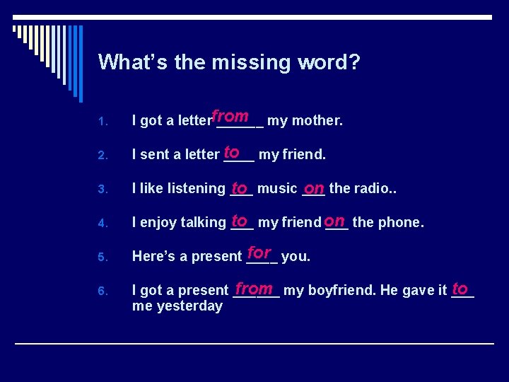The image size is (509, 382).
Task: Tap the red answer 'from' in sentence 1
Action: [230, 115]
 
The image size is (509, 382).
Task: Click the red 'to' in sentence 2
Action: [231, 151]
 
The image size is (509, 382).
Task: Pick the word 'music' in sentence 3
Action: [276, 188]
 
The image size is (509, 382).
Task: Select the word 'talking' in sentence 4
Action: [203, 223]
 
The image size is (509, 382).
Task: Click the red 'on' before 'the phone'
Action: [335, 221]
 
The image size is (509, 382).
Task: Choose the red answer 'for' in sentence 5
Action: [259, 253]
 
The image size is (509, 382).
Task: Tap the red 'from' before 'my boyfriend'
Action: [255, 288]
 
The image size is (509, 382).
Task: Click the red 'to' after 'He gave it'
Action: [460, 288]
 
